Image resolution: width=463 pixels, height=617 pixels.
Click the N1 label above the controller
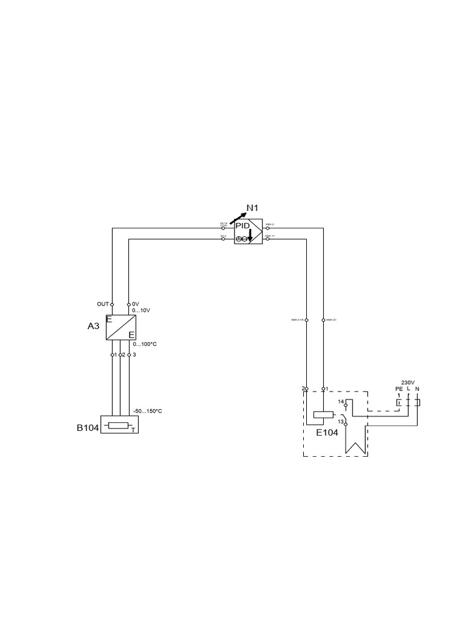[x=252, y=208]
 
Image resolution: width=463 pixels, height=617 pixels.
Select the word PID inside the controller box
[x=243, y=225]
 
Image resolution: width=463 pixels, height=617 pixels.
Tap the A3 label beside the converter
[x=94, y=328]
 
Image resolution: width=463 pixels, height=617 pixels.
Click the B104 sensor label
[x=87, y=429]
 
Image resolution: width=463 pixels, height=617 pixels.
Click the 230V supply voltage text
[x=409, y=381]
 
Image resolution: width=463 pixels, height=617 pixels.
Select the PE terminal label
[x=398, y=389]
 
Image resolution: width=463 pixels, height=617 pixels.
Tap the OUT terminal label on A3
[x=102, y=304]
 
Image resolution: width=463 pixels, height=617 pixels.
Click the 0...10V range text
[x=141, y=311]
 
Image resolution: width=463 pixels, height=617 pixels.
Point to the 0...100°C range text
[x=145, y=344]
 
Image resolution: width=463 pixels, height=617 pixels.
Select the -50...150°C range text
[x=147, y=411]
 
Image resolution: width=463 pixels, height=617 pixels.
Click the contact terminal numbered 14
[x=341, y=401]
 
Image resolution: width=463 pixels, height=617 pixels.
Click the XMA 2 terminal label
[x=269, y=224]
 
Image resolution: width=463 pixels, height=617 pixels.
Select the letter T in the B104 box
[x=133, y=430]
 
